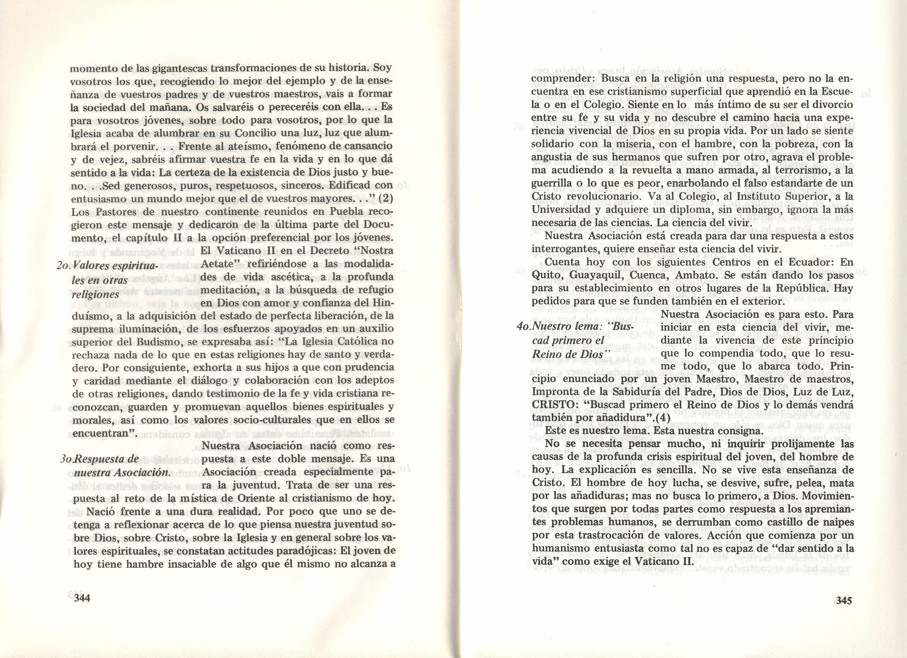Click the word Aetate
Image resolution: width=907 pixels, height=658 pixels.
220,264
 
